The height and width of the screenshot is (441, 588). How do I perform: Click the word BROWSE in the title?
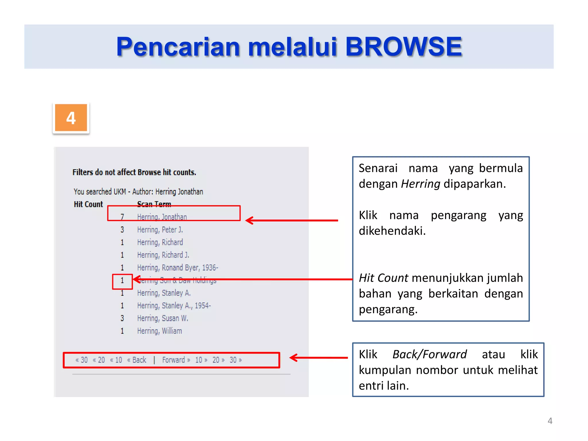[x=403, y=47]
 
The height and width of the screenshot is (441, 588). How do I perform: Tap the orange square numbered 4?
[x=71, y=118]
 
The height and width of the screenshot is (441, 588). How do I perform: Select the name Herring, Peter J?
[x=160, y=230]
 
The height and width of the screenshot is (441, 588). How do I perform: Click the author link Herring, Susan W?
[x=163, y=318]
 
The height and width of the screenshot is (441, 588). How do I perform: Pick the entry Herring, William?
[x=159, y=331]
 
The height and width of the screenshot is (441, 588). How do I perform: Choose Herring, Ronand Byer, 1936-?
[x=177, y=268]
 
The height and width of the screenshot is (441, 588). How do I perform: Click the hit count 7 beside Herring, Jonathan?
[x=122, y=217]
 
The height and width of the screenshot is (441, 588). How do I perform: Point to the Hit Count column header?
[x=88, y=204]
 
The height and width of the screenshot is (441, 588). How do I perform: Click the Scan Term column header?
[x=154, y=204]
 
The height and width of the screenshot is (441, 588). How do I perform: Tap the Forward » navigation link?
[x=176, y=360]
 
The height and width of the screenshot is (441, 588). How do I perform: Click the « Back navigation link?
[x=137, y=360]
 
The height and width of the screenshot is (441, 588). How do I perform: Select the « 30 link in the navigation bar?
[x=82, y=360]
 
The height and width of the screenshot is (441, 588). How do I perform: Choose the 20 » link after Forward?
[x=218, y=360]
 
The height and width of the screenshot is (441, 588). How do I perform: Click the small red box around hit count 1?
[x=122, y=281]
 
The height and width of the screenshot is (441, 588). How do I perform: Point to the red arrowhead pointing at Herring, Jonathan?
[x=249, y=220]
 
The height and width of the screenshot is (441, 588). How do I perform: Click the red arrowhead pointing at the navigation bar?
[x=293, y=358]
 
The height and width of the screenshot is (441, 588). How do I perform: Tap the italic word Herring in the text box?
[x=420, y=184]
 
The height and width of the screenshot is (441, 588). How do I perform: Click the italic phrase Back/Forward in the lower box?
[x=430, y=354]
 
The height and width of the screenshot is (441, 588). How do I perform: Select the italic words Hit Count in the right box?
[x=383, y=278]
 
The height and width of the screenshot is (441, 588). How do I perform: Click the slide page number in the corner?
[x=550, y=421]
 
